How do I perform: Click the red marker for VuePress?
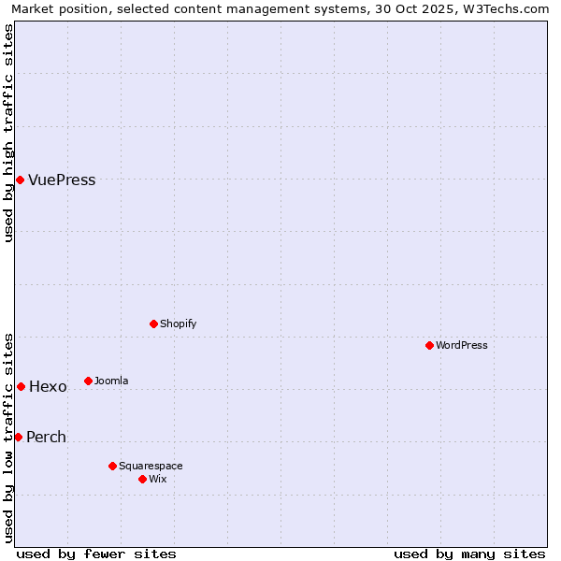point(20,180)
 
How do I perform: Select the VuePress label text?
point(62,180)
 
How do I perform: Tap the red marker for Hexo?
point(21,386)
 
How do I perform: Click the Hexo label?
point(48,387)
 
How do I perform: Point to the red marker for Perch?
point(18,437)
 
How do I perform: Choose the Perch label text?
point(46,438)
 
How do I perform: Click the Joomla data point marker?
point(88,381)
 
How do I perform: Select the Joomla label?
point(111,381)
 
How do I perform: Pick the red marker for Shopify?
point(153,324)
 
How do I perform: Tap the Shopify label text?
point(178,324)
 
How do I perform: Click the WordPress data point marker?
point(429,345)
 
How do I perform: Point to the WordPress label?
point(462,346)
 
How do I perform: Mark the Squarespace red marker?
point(112,466)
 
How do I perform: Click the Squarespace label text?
point(151,467)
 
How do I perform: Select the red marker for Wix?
point(142,479)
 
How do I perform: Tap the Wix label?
point(158,480)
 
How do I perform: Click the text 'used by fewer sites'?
point(96,554)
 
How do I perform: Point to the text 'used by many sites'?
point(469,554)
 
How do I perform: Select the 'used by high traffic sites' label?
point(8,133)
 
